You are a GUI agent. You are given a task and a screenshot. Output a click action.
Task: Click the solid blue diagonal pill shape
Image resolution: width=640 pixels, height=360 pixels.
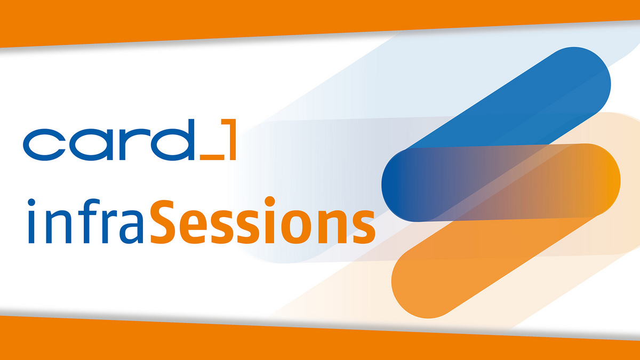tap(533, 101)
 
